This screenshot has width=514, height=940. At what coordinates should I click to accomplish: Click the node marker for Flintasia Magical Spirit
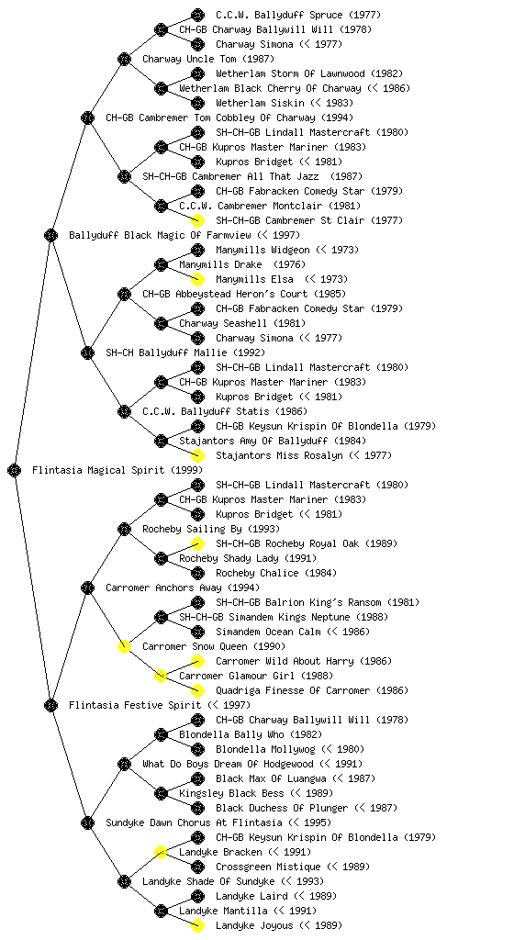(x=15, y=470)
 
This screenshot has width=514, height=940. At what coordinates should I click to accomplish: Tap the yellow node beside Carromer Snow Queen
(x=124, y=646)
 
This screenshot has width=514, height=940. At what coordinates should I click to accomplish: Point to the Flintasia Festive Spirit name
(x=135, y=705)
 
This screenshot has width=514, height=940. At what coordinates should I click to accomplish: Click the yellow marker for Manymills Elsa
(x=197, y=279)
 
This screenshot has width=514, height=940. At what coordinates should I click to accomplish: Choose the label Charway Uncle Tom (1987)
(x=208, y=59)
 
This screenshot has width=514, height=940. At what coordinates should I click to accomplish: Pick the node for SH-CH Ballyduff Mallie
(x=87, y=352)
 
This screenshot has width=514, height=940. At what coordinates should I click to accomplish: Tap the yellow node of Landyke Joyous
(x=197, y=925)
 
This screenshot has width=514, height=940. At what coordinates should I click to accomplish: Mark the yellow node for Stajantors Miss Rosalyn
(x=197, y=455)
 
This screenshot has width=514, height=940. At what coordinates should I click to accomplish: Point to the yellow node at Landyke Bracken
(x=161, y=852)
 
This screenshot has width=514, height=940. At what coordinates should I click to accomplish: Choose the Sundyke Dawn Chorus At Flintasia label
(x=194, y=822)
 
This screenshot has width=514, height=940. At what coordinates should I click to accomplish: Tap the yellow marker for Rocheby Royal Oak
(x=197, y=543)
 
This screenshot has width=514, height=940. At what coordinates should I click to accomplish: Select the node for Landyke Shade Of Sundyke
(x=124, y=881)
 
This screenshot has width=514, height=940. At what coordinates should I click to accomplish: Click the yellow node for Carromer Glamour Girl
(x=161, y=676)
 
